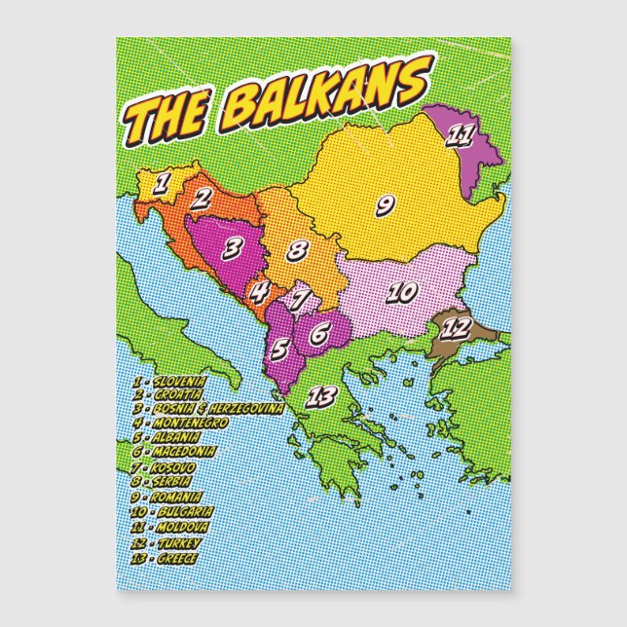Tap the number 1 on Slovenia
coord(164,181)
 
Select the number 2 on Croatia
coord(201,198)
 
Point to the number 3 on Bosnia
coord(232,248)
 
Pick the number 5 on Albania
coord(278,347)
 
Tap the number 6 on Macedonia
coord(319,332)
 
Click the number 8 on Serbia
coord(298,250)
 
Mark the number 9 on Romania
coord(385,204)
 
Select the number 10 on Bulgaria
coord(401,291)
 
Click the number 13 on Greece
coord(321,396)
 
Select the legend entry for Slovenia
coord(170,381)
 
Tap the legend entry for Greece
coord(166,557)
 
